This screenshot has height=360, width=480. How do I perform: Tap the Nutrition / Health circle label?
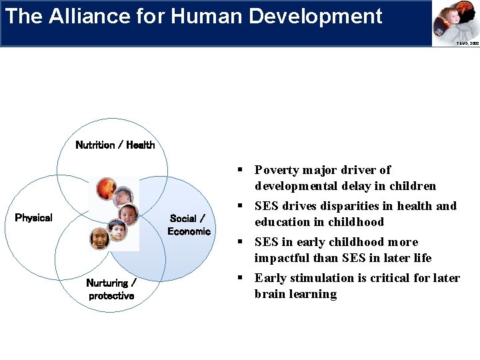coord(115,145)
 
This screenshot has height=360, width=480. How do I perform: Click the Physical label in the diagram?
coord(33,218)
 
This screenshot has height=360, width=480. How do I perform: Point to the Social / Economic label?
coord(189,225)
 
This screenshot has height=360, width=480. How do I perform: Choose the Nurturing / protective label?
coord(111,289)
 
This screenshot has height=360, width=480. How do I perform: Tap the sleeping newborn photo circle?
coord(123,197)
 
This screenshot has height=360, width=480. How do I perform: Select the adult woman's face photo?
coord(99,237)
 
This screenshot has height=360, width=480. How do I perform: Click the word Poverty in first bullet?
coord(278,170)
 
